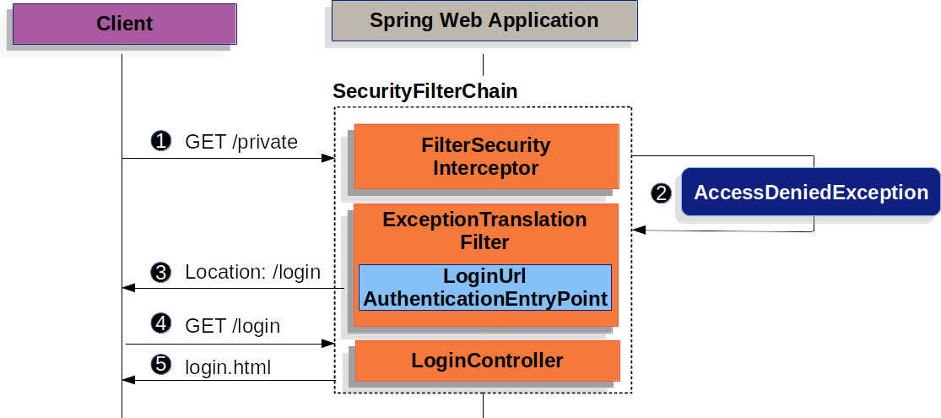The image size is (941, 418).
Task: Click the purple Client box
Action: pos(124,24)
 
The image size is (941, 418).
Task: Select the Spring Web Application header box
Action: pos(484,21)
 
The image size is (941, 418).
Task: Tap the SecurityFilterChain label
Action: pos(425,91)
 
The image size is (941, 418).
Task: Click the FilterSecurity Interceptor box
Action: pos(485,156)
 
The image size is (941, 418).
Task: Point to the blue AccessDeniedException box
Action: pos(810,193)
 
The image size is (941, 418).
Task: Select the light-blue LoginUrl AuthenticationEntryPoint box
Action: pos(485,288)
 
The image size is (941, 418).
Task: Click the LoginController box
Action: pos(487,361)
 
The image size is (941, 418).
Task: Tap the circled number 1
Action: pos(160,141)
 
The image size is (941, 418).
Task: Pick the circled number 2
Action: pos(662,193)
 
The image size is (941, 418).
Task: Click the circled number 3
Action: pos(160,272)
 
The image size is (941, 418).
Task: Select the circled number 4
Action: pos(160,324)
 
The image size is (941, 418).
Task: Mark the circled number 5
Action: pos(160,366)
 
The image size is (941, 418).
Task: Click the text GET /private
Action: pos(241,142)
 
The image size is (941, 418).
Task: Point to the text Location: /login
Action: pos(252,273)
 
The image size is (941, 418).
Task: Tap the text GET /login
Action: pos(232,325)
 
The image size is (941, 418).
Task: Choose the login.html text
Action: pos(228,366)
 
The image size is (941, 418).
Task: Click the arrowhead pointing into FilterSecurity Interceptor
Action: pos(327,158)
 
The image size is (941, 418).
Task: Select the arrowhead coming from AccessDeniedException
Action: pos(639,229)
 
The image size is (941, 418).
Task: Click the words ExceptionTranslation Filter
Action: pos(484,231)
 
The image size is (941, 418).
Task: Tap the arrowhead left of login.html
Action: pos(128,380)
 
